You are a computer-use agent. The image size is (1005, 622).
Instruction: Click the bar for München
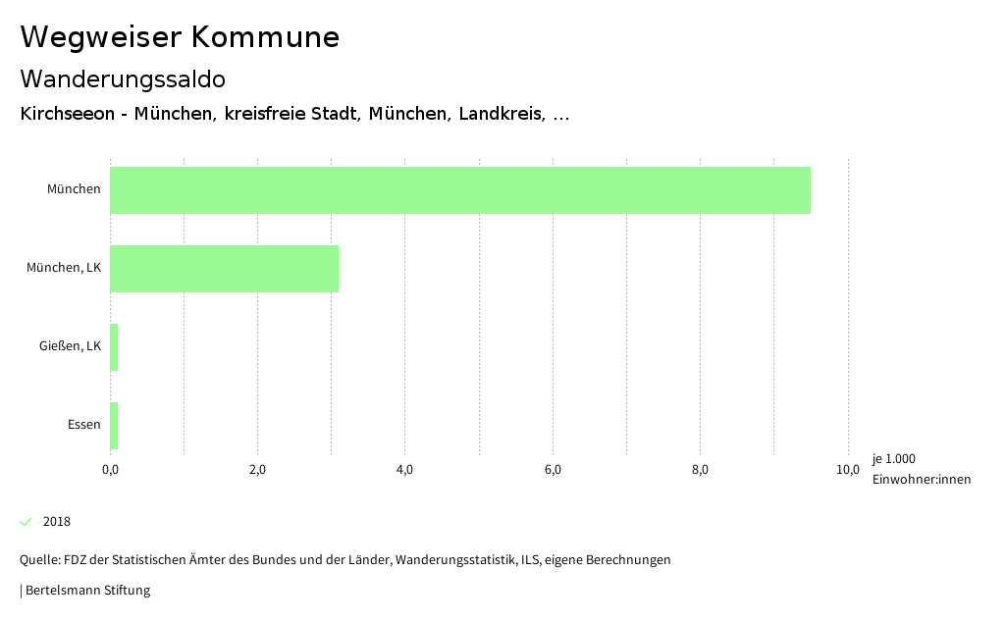coord(459,190)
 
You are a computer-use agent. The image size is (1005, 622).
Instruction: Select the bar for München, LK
coord(224,269)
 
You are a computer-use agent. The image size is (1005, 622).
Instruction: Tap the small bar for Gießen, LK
coord(114,347)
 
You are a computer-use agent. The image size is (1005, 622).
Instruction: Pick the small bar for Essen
coord(114,426)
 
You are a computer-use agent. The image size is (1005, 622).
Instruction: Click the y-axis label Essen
coord(83,425)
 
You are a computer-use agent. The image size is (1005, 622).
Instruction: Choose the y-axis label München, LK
coord(64,268)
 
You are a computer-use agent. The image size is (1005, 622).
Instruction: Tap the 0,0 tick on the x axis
coord(110,470)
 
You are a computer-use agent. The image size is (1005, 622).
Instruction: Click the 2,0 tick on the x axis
coord(257,470)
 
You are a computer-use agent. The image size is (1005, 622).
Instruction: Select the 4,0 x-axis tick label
coord(404,470)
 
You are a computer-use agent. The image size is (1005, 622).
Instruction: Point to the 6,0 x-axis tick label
coord(553,470)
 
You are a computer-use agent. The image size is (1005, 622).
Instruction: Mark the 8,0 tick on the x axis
coord(700,470)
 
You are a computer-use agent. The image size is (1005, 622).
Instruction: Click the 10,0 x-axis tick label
coord(847,470)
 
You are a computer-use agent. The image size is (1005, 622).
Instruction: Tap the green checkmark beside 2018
coord(26,521)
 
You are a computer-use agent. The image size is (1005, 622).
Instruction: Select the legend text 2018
coord(57,521)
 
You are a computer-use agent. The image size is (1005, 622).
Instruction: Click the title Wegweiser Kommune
coord(180,37)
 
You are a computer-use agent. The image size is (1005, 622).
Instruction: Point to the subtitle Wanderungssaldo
coord(123,78)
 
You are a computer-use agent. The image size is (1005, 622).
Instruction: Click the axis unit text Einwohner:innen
coord(921,479)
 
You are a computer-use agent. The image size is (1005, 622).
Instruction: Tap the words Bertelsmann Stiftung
coord(87,591)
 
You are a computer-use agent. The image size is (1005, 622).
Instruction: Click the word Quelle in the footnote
coord(39,560)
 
